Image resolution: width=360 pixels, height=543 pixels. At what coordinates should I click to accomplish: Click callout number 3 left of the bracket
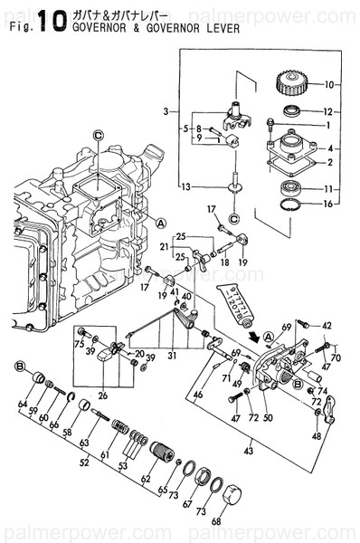166,112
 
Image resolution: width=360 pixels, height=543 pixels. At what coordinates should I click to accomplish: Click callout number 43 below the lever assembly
248,448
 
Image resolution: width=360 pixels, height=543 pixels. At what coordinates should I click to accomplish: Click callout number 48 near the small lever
316,436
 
